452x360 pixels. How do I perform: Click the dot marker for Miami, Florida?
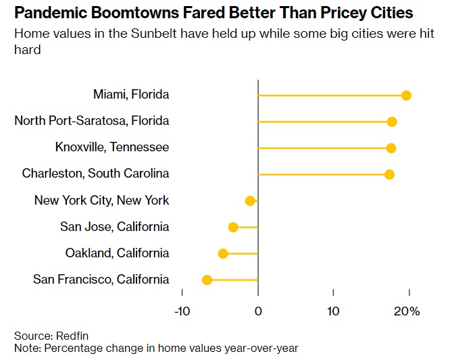pos(406,95)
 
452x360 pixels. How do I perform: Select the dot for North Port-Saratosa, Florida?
pos(392,122)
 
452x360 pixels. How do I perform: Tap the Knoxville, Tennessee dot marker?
pos(391,148)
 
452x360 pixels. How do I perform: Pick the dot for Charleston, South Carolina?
pos(389,174)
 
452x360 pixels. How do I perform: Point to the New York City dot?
pos(250,201)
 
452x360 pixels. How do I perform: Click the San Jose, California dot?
pos(233,227)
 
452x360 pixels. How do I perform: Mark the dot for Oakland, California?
pos(223,253)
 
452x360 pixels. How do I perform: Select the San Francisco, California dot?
pos(207,280)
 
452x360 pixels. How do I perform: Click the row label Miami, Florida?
pos(131,95)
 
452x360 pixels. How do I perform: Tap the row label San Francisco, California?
pos(101,279)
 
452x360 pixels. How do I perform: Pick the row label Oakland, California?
pos(117,253)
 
